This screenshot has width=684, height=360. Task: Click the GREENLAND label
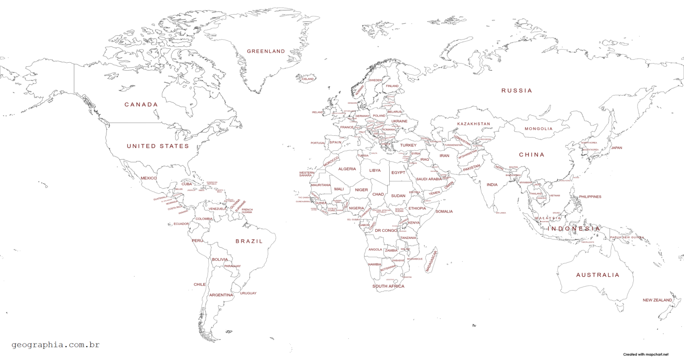266,51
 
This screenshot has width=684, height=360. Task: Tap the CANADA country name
141,105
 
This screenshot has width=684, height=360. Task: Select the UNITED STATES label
158,146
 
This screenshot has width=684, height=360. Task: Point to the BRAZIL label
249,241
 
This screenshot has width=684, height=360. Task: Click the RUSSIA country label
517,90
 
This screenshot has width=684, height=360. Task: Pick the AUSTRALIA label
598,275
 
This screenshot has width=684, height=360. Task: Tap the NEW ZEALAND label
657,300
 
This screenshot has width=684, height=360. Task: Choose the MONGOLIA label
538,129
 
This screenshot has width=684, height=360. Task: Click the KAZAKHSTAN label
473,124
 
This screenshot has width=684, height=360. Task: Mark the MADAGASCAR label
432,261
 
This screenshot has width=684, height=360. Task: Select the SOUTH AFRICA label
388,286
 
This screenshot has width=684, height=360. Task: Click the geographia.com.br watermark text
56,344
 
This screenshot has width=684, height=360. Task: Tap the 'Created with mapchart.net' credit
646,354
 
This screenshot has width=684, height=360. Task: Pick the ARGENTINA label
221,295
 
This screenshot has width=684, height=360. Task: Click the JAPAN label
616,148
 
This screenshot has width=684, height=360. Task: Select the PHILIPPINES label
590,197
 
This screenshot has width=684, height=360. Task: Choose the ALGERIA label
347,169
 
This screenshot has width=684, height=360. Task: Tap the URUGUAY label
248,293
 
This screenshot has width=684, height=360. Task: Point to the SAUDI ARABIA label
429,179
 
